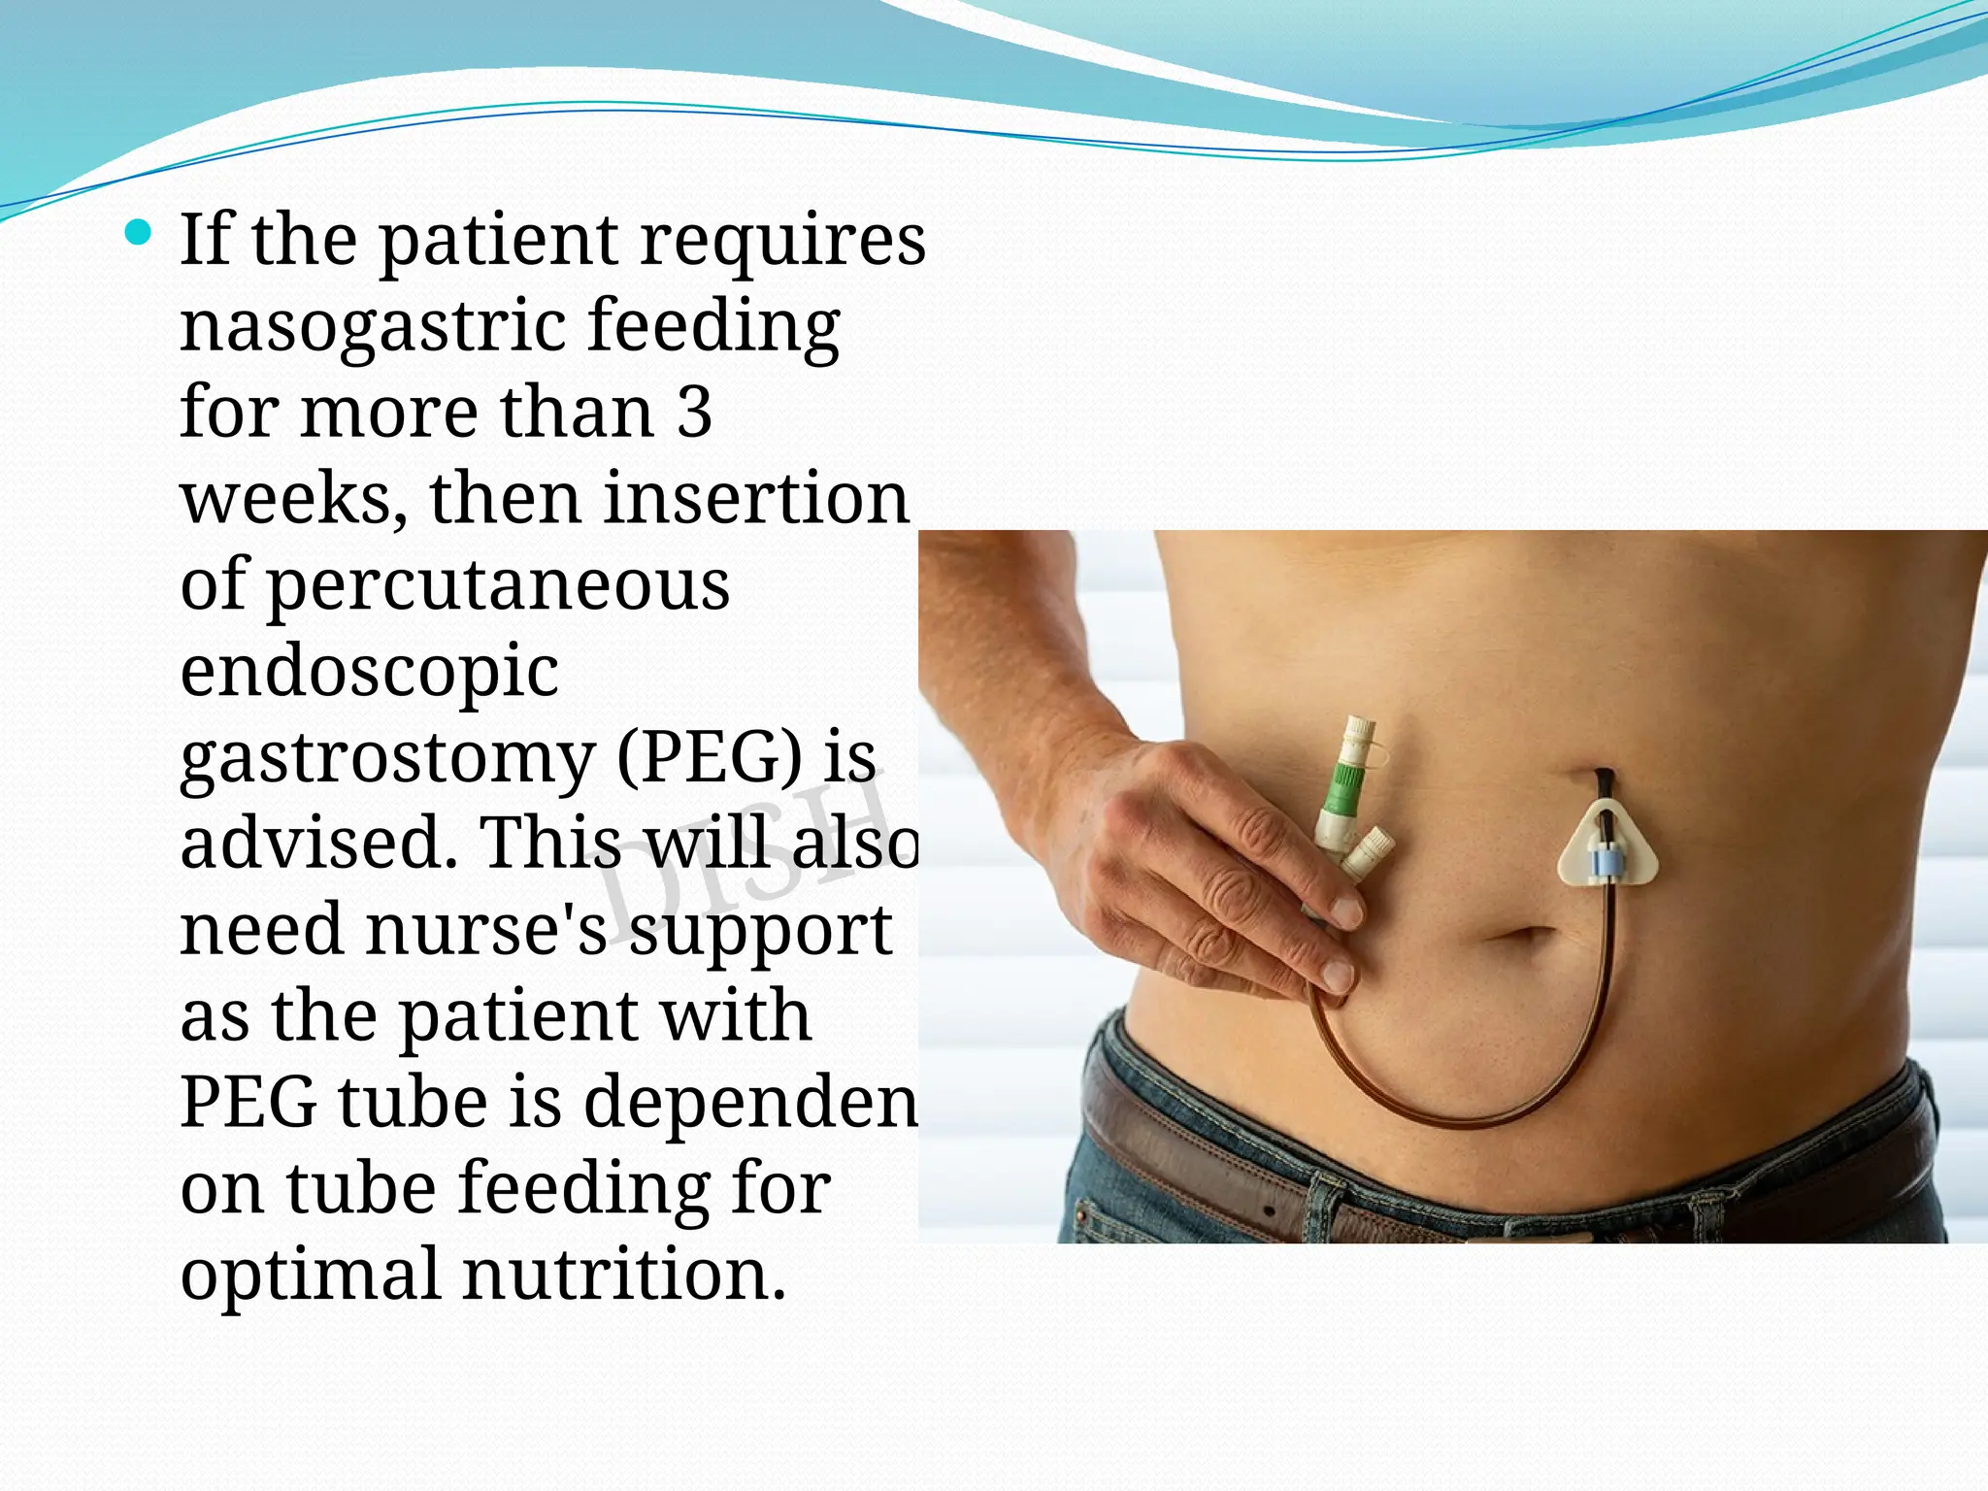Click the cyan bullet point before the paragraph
[x=139, y=232]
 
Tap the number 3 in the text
[x=693, y=412]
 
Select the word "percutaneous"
[x=497, y=584]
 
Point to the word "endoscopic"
[x=369, y=672]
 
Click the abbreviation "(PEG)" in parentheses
[x=710, y=757]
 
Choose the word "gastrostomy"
[x=386, y=759]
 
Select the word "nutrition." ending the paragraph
[x=623, y=1274]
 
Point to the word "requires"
[x=782, y=240]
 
